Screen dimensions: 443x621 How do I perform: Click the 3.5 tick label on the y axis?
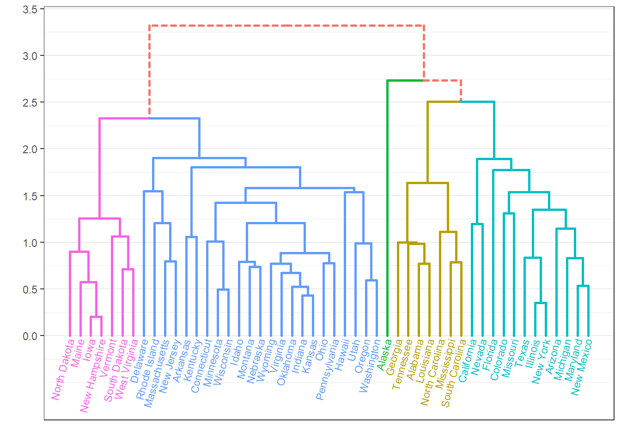tap(30, 9)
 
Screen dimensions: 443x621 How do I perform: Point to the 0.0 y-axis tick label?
tap(30, 336)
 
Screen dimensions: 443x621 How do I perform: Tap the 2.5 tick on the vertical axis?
tap(30, 102)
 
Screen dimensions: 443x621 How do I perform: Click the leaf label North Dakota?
tap(63, 369)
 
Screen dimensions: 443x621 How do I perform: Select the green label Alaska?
tap(384, 354)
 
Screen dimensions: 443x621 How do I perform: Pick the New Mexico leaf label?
tap(581, 367)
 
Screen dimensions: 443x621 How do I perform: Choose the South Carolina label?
tap(453, 373)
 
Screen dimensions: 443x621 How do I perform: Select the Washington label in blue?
tap(370, 365)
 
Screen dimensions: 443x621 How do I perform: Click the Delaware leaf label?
tap(140, 361)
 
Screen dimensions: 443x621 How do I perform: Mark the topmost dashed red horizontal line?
tap(286, 25)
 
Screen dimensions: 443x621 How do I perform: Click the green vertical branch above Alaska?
tap(388, 208)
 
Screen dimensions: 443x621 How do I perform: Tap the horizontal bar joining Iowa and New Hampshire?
tap(96, 317)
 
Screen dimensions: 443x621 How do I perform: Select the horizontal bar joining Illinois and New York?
tap(541, 303)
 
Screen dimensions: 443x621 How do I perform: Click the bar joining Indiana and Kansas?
tap(308, 296)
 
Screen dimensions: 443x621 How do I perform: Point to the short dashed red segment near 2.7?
tap(443, 81)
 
